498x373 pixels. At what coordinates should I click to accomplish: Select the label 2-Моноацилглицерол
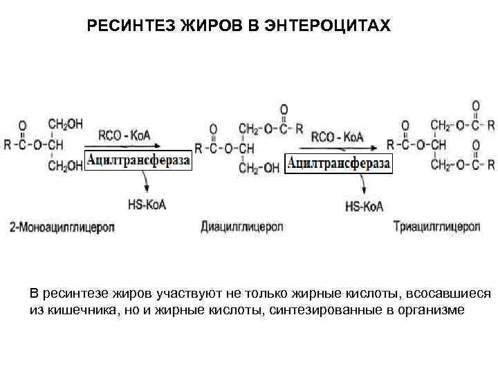62,226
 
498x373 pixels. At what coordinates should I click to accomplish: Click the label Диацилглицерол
242,226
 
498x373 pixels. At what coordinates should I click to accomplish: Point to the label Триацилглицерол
436,226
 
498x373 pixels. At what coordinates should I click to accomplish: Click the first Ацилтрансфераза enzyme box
138,161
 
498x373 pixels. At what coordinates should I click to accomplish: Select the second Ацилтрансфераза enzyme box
338,164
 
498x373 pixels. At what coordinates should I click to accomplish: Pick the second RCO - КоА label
337,137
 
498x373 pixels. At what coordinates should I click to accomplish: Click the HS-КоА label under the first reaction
147,204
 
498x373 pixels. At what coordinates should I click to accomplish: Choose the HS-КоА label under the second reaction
364,206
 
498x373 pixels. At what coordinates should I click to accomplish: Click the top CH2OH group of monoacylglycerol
66,124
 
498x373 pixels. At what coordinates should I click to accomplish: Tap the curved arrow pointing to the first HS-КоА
144,183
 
